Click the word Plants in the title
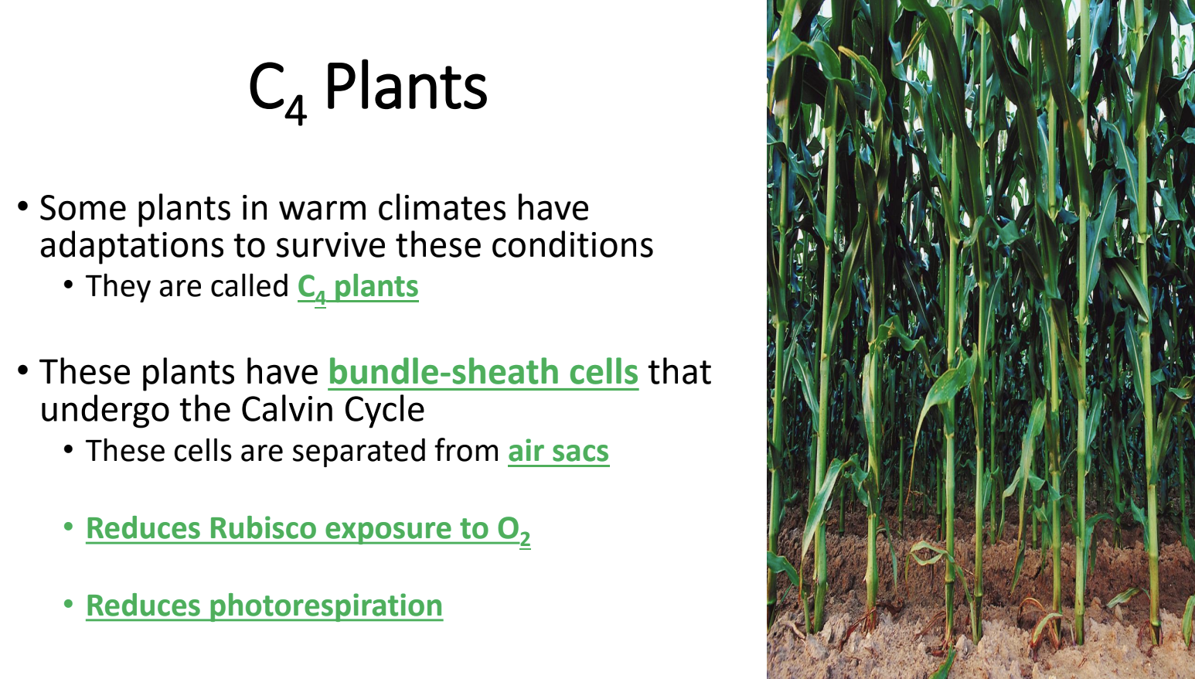pos(406,87)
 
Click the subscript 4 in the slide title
pos(295,110)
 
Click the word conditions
pos(572,246)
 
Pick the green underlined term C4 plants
pos(358,288)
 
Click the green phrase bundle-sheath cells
pos(483,372)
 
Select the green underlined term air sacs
pos(559,452)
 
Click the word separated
pos(359,452)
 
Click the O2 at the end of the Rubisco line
pos(514,531)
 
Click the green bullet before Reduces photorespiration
pos(68,604)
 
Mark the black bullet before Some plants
pos(22,206)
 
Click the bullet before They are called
pos(68,285)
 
